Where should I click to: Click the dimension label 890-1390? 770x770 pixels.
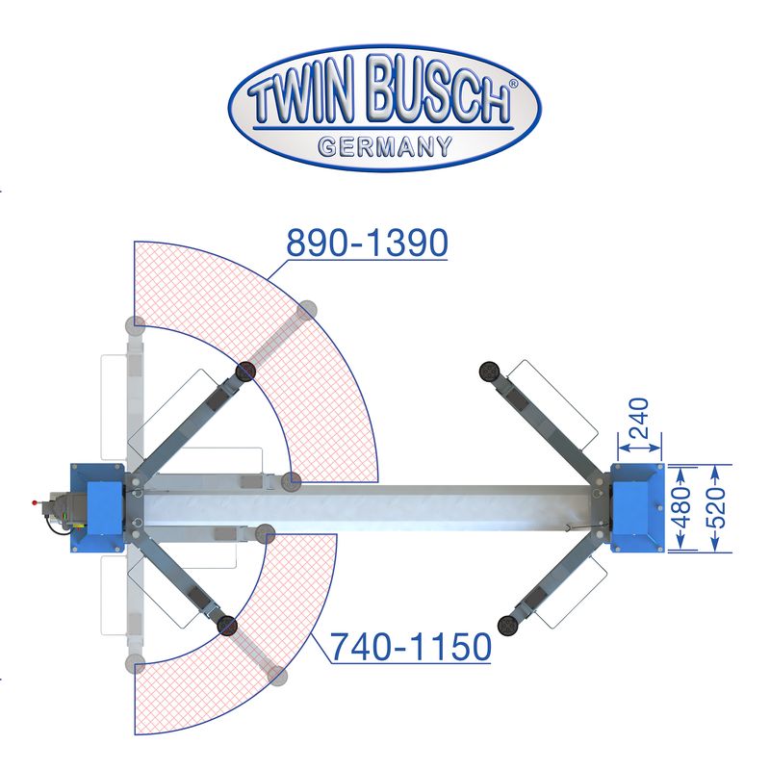[x=367, y=243]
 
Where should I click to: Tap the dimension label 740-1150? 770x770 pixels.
[x=411, y=647]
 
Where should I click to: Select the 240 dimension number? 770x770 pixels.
[x=639, y=418]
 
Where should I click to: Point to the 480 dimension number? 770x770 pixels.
[x=682, y=507]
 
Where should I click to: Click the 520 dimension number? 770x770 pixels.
[x=716, y=507]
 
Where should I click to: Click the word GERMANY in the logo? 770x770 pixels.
[x=385, y=146]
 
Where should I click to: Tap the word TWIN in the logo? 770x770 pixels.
[x=301, y=94]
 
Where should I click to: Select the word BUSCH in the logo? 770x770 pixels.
[x=438, y=90]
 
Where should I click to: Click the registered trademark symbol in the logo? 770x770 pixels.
[x=513, y=84]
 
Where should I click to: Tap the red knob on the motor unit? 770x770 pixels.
[x=35, y=502]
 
